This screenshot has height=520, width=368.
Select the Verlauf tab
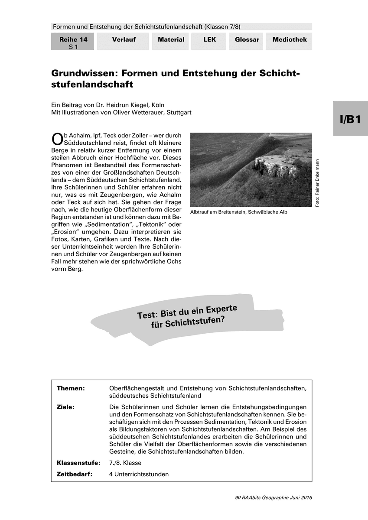tap(124, 40)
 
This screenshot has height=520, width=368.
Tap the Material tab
tap(171, 40)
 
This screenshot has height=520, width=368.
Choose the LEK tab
tap(209, 40)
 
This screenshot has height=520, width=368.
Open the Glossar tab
tap(247, 40)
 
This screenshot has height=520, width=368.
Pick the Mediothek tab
tap(289, 40)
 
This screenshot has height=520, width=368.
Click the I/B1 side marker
tap(350, 119)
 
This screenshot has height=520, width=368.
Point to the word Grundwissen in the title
tap(84, 74)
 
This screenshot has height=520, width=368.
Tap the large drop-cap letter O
tap(57, 138)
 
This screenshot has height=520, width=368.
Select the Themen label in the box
tap(71, 388)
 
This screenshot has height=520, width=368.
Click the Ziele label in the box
tap(65, 407)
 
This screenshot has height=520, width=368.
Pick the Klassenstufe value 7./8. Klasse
tap(125, 463)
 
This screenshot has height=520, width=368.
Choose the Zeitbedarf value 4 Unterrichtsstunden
tap(139, 474)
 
